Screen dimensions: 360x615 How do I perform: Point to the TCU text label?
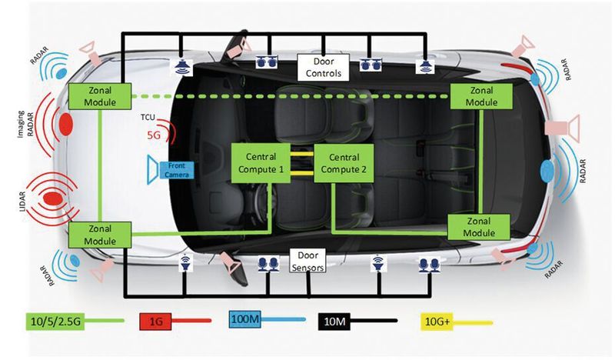(x=149, y=119)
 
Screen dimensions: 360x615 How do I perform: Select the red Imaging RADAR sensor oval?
(x=66, y=124)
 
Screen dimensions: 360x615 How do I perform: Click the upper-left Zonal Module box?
(x=101, y=97)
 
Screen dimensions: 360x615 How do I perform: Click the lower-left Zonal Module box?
(x=101, y=234)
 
